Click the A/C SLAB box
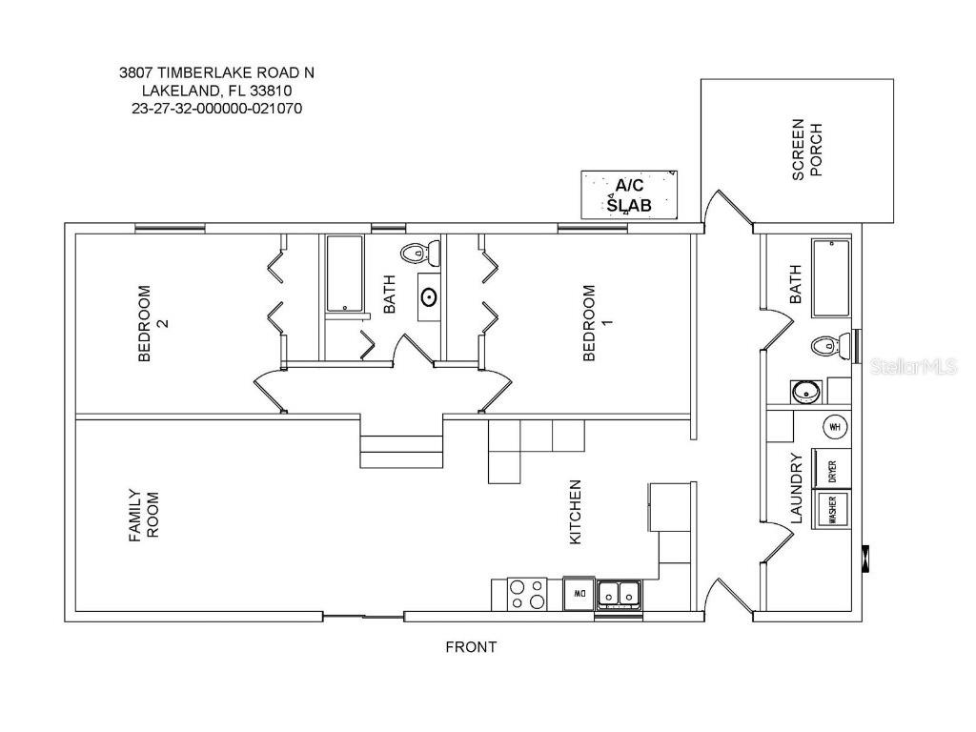[629, 195]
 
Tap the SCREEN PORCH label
[805, 150]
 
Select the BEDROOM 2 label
[152, 324]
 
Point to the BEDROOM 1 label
[596, 324]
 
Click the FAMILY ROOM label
[143, 516]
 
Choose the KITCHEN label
[575, 512]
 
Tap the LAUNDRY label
[798, 489]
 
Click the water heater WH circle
[836, 427]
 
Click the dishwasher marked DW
[578, 593]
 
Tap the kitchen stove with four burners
[526, 593]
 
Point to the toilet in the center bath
[419, 254]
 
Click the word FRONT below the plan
[471, 647]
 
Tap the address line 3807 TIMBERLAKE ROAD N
[216, 72]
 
